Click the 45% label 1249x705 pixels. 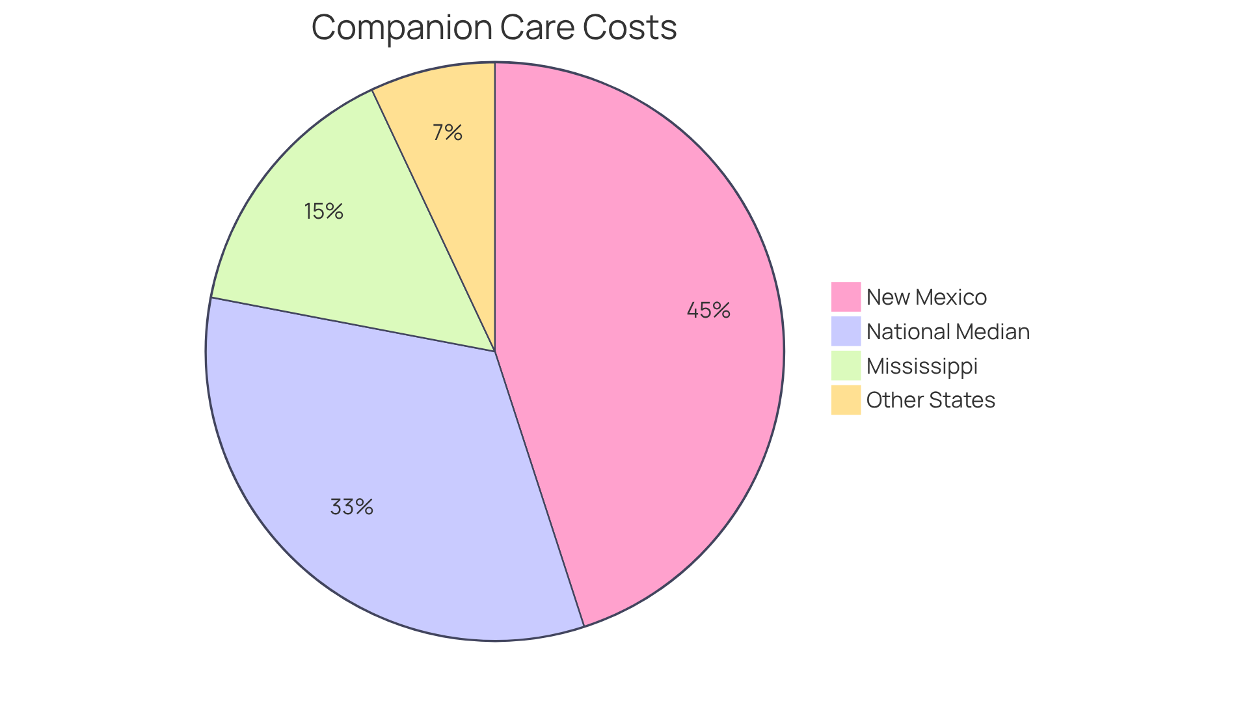point(708,311)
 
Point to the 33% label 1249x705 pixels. point(351,507)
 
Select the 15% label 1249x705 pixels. point(323,212)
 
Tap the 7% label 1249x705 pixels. point(448,133)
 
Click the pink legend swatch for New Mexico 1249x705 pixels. point(846,297)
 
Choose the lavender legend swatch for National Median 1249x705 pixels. point(846,331)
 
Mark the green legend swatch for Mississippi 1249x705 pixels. point(846,366)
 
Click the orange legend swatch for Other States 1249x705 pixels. point(846,400)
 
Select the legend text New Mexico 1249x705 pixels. point(926,297)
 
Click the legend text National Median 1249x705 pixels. point(948,332)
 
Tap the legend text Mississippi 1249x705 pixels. point(922,366)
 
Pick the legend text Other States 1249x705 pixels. point(930,400)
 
